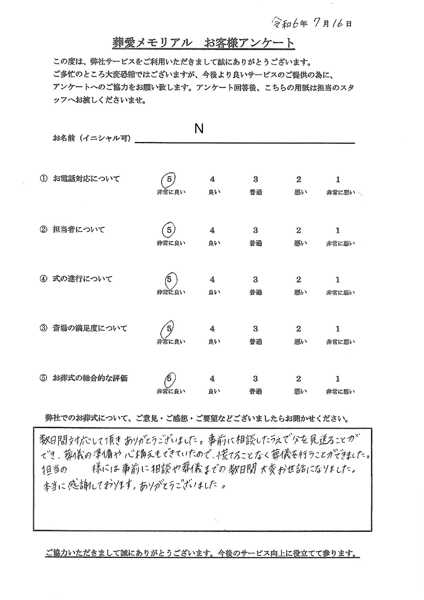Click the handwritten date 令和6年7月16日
click(312, 23)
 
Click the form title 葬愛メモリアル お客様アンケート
click(203, 43)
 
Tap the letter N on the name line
click(199, 129)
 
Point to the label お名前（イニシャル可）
click(92, 139)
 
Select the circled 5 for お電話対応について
click(169, 179)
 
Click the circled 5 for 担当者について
click(169, 230)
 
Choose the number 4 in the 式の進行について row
click(212, 280)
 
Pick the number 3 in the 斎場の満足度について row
click(255, 329)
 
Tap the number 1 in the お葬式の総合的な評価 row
click(338, 379)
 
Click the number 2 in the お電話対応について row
click(299, 179)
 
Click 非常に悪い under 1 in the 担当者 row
click(340, 243)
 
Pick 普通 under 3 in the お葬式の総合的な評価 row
click(255, 392)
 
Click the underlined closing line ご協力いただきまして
click(202, 553)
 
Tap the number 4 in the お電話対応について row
click(212, 179)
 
